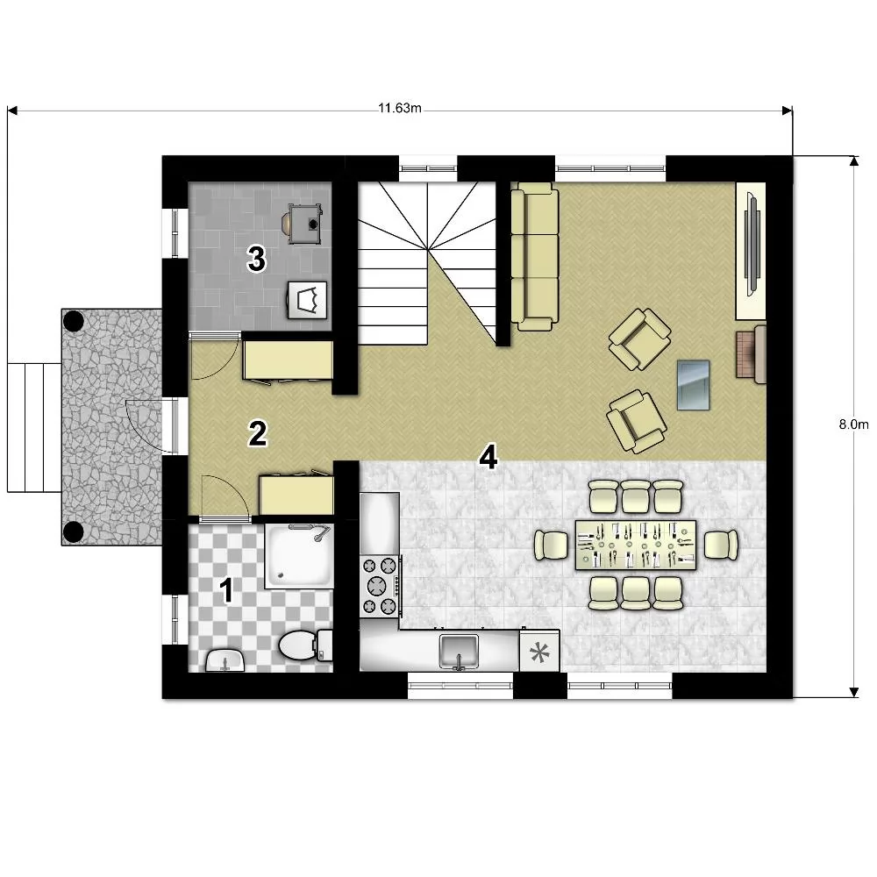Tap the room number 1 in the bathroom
click(226, 590)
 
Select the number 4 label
click(488, 457)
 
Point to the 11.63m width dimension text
click(399, 108)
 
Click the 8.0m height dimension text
click(853, 424)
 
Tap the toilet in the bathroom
click(305, 645)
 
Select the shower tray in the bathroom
click(299, 555)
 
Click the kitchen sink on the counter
click(459, 651)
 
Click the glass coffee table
click(693, 385)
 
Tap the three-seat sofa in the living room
click(535, 256)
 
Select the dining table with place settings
click(636, 545)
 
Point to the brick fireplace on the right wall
click(751, 354)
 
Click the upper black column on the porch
click(74, 321)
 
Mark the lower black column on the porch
click(74, 531)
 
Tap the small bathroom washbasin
click(225, 660)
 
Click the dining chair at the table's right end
click(721, 545)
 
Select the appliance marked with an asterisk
click(539, 651)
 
